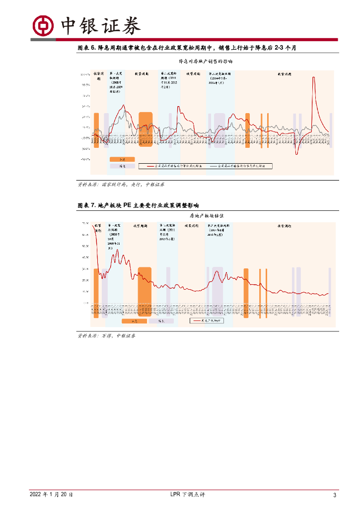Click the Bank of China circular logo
pyautogui.click(x=43, y=26)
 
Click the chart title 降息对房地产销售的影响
pyautogui.click(x=206, y=62)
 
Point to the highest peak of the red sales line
pyautogui.click(x=313, y=77)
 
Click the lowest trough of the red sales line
pyautogui.click(x=296, y=154)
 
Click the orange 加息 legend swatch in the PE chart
pyautogui.click(x=134, y=321)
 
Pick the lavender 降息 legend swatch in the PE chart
pyautogui.click(x=161, y=321)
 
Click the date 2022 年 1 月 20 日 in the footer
pyautogui.click(x=51, y=495)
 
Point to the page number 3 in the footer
pyautogui.click(x=335, y=495)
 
